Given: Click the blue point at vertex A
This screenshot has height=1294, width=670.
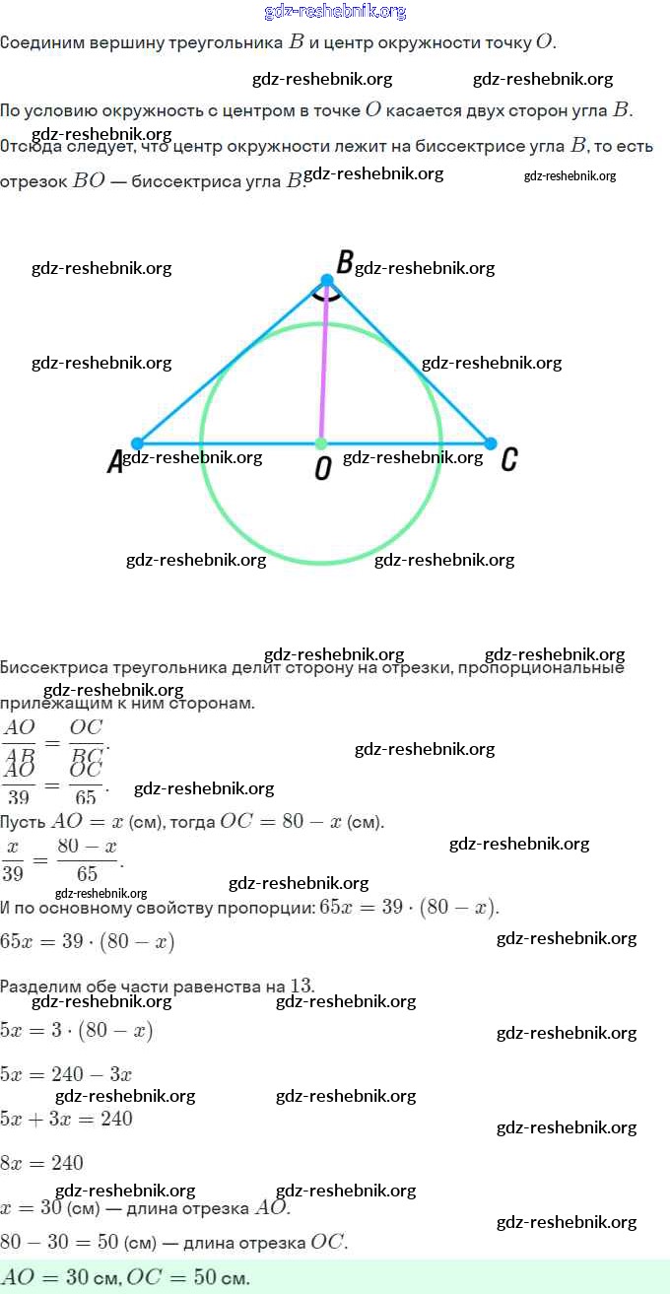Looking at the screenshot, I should point(138,443).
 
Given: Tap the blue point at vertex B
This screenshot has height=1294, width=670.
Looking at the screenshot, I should point(327,281).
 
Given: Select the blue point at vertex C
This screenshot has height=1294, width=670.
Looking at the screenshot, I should point(491,443).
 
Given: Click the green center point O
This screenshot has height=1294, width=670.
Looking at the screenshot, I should point(320,443).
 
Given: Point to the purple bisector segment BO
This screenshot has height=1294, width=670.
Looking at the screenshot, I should point(323,365).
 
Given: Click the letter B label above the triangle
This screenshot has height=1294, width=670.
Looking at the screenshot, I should point(345,262).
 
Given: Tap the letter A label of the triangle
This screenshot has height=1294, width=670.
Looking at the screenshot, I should point(115,463).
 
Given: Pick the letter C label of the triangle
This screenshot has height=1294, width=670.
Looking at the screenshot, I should point(508,460).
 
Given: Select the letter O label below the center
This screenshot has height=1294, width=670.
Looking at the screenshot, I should point(322,470).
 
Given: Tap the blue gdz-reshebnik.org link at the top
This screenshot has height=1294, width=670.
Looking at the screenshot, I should point(335,12).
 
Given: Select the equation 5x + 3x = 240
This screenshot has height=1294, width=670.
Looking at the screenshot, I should point(66,1119).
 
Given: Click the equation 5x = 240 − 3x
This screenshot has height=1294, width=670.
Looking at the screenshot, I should point(66,1074).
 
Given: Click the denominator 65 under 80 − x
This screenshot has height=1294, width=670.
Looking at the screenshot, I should point(87,873).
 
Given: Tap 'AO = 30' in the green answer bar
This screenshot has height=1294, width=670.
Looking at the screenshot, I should point(44,1278).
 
